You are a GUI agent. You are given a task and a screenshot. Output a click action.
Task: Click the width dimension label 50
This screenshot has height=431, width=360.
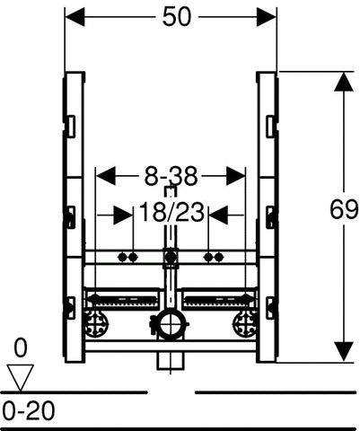176,17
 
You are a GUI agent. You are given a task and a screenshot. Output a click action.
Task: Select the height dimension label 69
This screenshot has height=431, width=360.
344,209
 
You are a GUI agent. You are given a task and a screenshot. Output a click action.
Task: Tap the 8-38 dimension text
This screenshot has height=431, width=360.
171,176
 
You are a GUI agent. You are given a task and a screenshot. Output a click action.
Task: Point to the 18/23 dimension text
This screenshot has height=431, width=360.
171,212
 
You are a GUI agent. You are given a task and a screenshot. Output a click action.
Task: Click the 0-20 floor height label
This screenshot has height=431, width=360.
29,411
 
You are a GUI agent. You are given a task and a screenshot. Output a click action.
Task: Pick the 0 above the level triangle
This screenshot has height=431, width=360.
21,348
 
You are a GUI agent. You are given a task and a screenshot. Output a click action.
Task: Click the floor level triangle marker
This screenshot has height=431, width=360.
21,377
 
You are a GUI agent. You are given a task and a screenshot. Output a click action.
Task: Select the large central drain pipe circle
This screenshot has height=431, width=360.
170,326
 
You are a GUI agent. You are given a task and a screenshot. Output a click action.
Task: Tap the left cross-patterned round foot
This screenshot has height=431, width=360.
97,324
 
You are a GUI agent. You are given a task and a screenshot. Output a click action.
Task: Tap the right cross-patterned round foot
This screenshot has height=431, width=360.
244,324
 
